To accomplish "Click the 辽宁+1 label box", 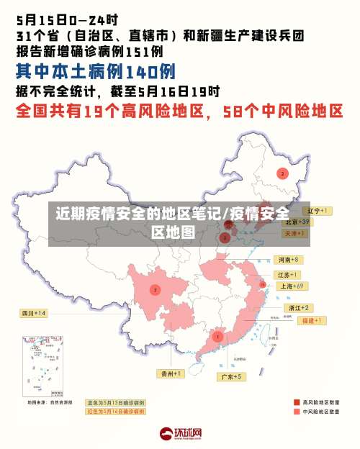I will [316, 211].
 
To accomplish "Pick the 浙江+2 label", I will [299, 307].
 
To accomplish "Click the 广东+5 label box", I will [230, 376].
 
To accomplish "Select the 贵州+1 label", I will [171, 373].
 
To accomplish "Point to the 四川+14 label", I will [33, 313].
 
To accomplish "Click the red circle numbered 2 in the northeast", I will [282, 173].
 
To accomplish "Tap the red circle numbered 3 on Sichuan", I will [155, 289].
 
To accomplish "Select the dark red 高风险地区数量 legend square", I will [297, 402].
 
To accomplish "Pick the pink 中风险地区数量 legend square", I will [297, 412].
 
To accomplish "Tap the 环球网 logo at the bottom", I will [181, 434].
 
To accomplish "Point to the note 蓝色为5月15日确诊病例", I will [115, 402].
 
